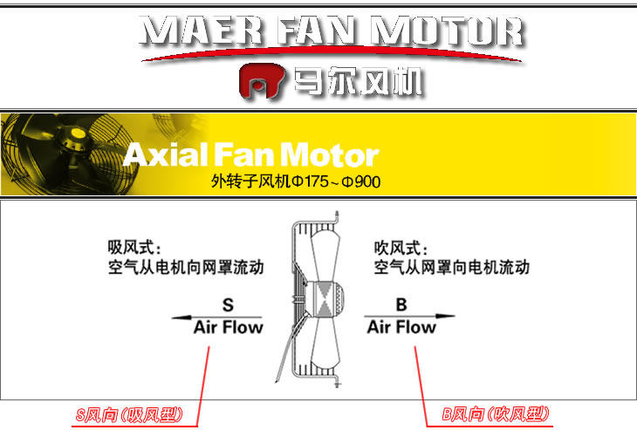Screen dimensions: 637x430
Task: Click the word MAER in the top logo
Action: click(x=188, y=31)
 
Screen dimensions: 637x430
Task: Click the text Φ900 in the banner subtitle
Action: click(x=360, y=182)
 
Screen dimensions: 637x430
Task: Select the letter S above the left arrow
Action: click(x=228, y=305)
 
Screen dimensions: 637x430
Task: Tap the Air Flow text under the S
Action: click(x=228, y=328)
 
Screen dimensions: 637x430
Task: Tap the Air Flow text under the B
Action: click(x=401, y=328)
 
